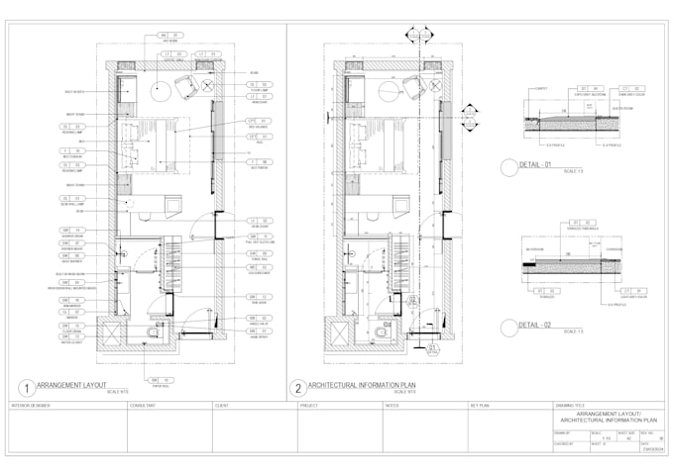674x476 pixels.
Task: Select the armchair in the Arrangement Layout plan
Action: (187, 87)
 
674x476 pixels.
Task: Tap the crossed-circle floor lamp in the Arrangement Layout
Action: (209, 87)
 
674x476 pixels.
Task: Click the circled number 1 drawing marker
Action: (23, 388)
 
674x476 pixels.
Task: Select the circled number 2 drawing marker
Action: (296, 388)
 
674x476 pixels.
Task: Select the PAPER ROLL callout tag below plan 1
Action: (159, 380)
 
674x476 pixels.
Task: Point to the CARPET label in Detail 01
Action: (540, 88)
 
